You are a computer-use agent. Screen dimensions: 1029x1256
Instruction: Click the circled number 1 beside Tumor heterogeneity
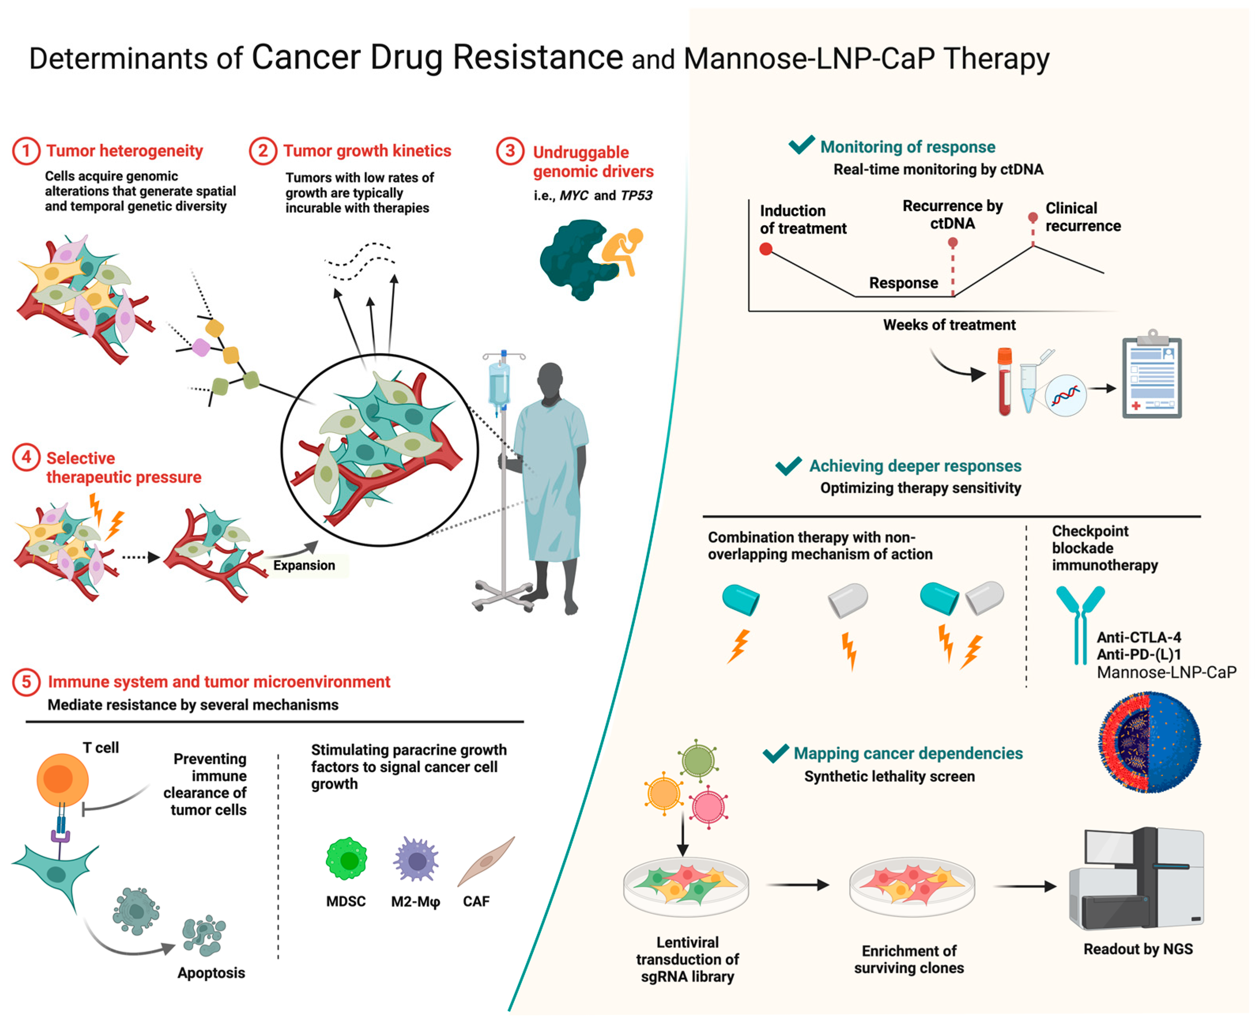tap(26, 151)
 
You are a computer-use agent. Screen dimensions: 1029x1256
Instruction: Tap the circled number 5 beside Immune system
tap(26, 682)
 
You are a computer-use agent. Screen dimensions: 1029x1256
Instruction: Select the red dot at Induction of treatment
tap(766, 250)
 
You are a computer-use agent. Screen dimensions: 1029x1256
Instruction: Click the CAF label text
tap(476, 902)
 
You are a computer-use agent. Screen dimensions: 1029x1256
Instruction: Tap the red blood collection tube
tap(1005, 383)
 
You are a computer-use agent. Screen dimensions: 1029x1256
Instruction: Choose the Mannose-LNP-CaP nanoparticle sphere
tap(1150, 742)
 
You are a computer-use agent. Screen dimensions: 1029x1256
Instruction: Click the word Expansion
tap(304, 565)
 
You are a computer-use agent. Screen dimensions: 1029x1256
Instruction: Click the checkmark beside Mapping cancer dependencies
tap(775, 753)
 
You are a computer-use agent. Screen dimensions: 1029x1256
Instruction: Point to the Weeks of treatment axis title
tap(949, 325)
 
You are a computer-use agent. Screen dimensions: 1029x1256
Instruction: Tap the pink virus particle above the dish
tap(708, 807)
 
